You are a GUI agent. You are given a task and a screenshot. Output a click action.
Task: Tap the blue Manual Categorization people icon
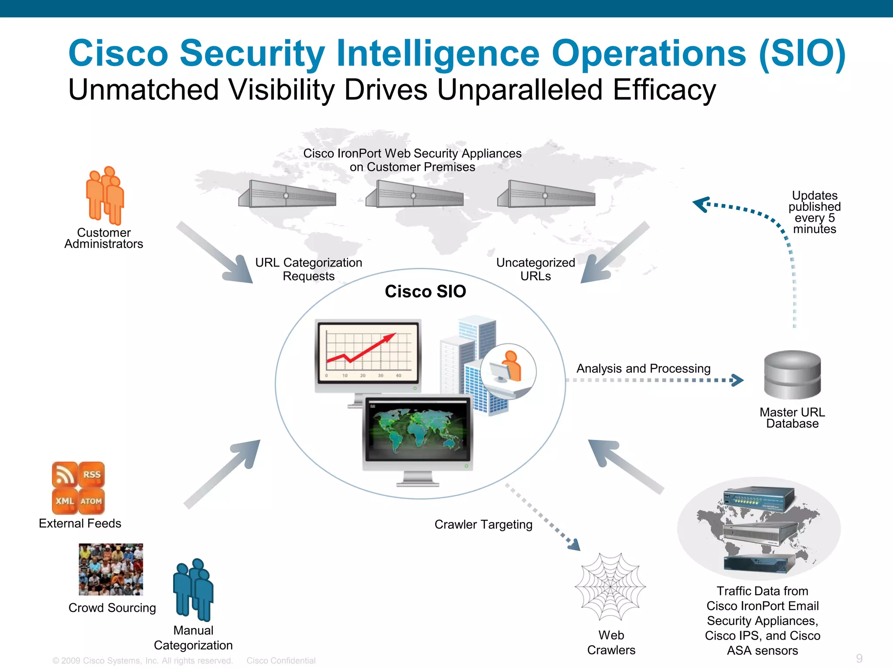[x=194, y=590]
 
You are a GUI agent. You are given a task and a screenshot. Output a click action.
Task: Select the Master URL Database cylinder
[x=792, y=375]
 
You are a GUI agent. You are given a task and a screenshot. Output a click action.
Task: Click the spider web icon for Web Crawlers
[x=610, y=586]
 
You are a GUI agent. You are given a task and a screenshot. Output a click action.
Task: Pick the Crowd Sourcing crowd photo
[x=111, y=569]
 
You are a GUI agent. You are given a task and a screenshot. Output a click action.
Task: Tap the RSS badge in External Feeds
[x=92, y=474]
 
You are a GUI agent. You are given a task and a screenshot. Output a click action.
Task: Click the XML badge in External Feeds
[x=65, y=501]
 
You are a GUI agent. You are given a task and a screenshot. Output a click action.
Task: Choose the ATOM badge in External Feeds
[x=91, y=501]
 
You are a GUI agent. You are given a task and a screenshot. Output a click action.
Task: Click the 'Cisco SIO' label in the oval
[x=425, y=291]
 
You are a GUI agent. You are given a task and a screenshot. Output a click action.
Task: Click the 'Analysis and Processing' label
[x=643, y=368]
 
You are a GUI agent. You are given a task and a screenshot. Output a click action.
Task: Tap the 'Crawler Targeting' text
[x=483, y=524]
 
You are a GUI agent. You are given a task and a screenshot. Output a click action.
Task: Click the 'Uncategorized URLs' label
[x=535, y=269]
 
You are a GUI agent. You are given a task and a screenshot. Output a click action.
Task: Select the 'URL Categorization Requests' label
[x=309, y=269]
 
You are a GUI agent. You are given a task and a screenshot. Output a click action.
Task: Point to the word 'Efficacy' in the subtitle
[x=664, y=90]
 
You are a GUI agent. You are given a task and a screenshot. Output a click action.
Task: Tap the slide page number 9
[x=859, y=658]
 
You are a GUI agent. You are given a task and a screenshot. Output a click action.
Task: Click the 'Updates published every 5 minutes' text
[x=814, y=212]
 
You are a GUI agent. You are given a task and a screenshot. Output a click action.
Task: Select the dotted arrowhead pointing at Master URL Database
[x=737, y=380]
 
